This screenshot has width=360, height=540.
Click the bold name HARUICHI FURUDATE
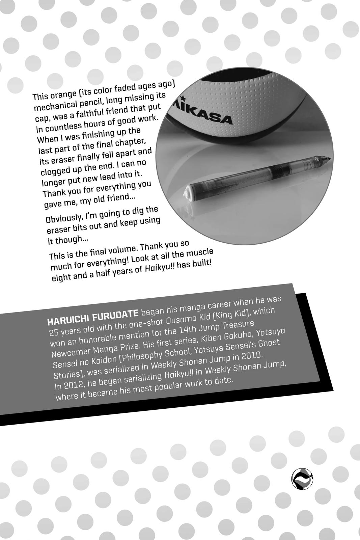(93, 316)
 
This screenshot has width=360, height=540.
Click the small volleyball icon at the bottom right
(302, 478)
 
